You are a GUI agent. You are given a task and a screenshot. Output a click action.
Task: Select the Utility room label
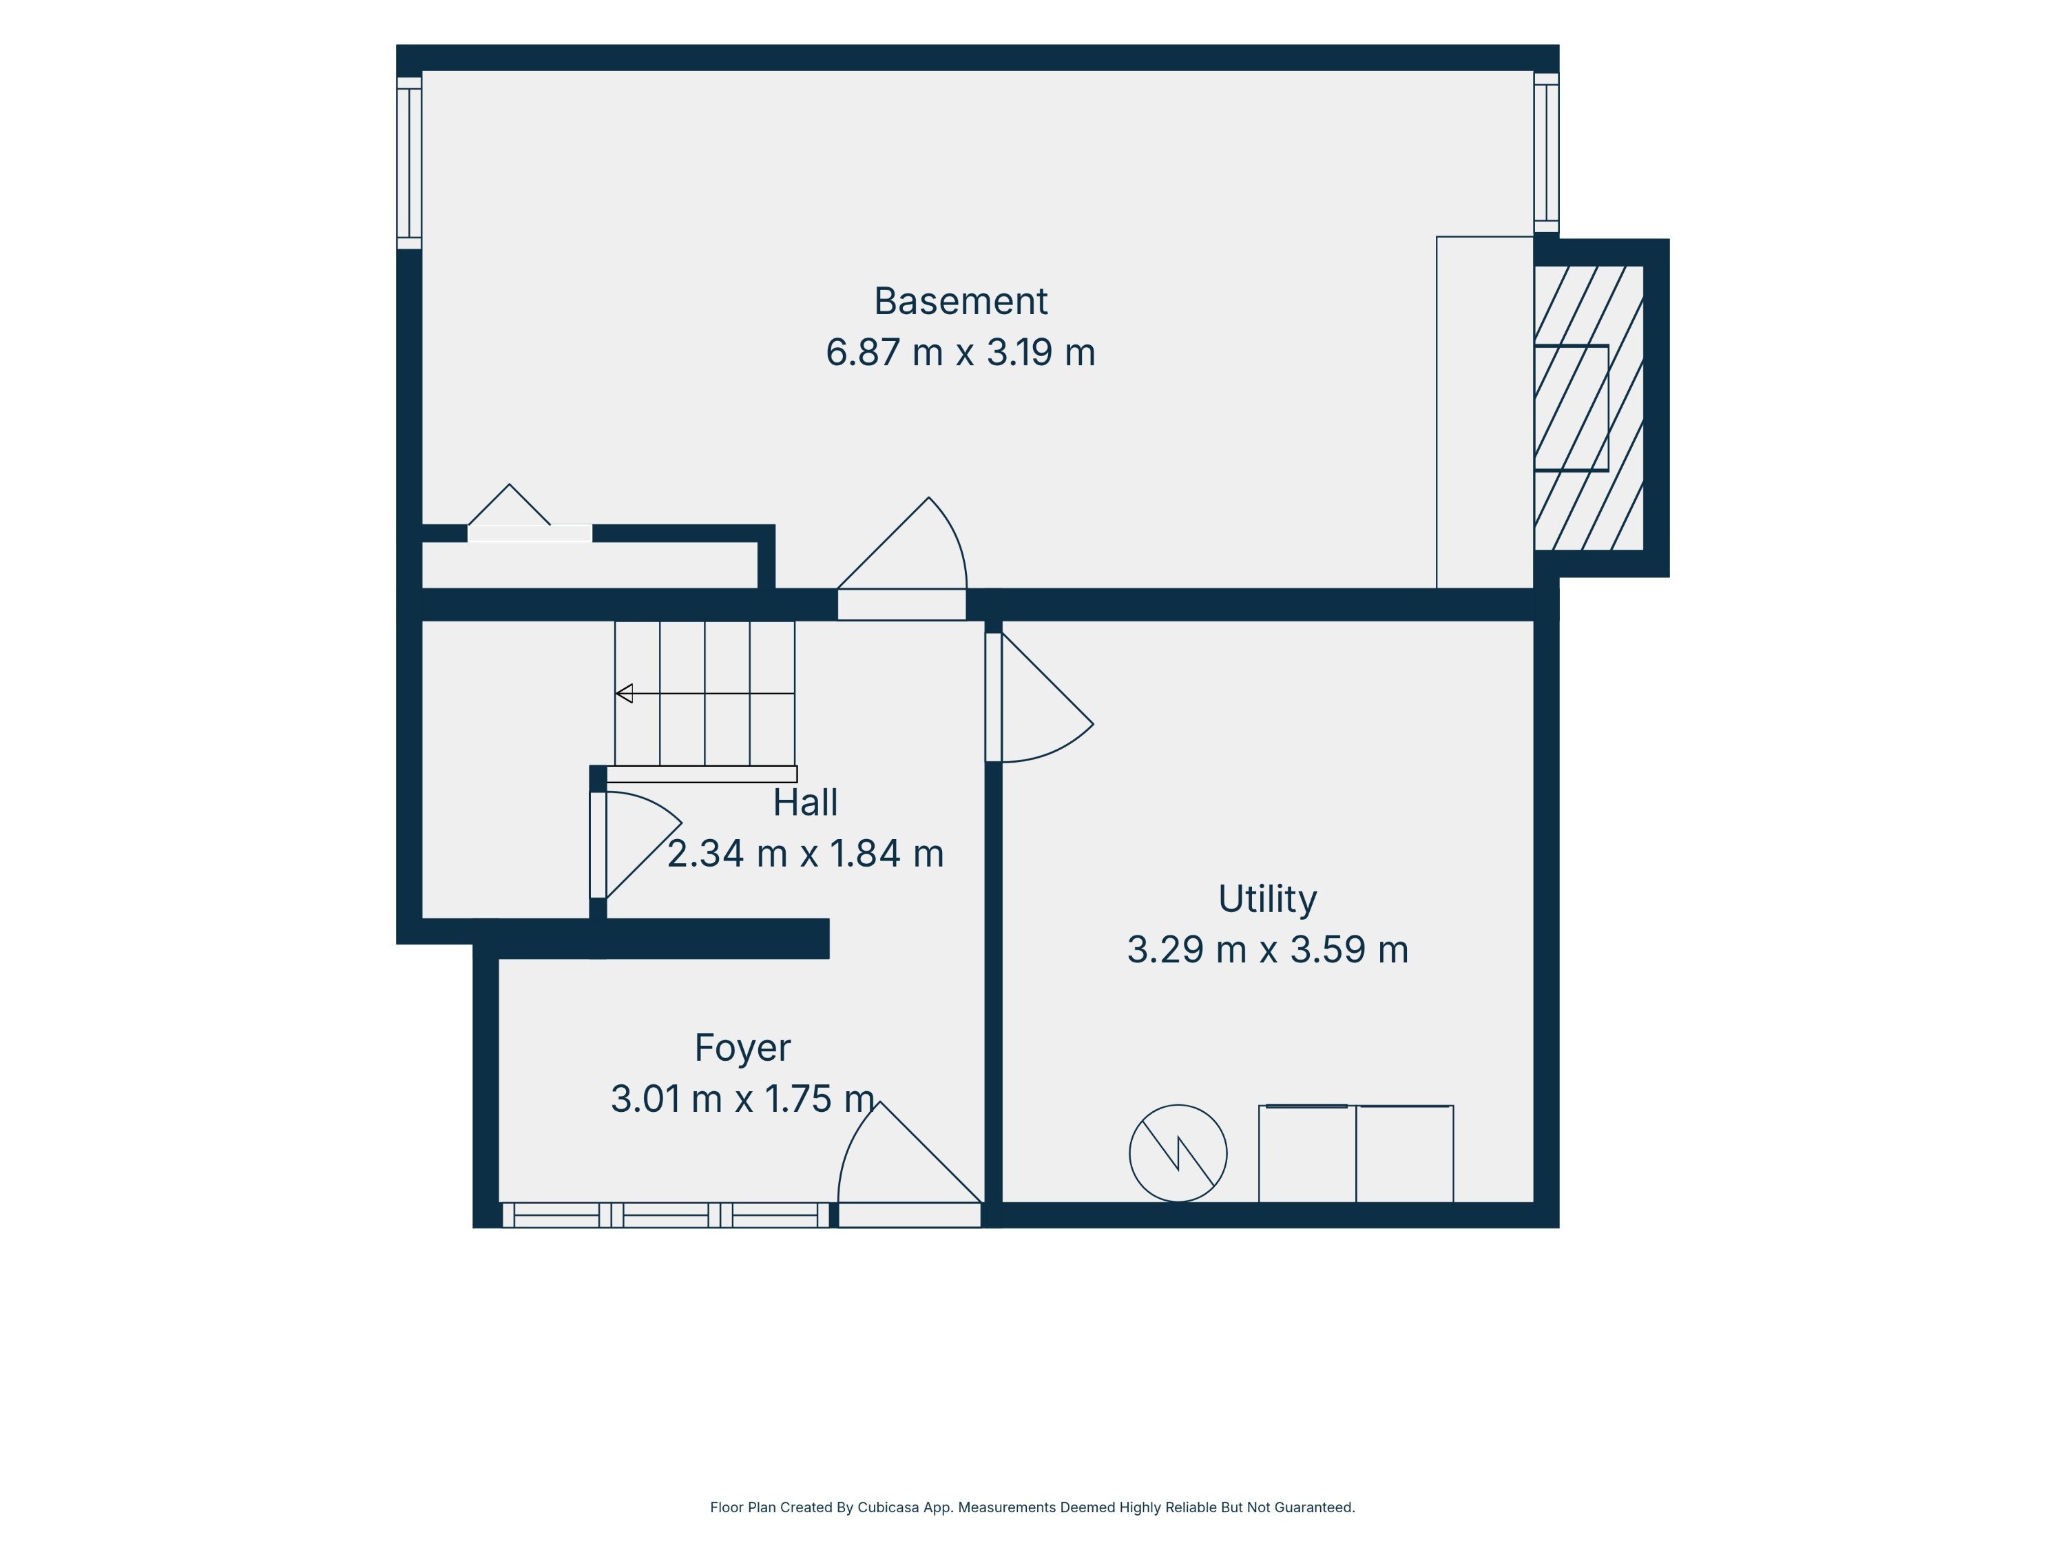(1267, 899)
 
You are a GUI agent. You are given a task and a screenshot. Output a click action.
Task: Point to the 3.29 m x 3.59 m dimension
(1267, 949)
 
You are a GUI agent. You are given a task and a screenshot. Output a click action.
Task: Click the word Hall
(805, 803)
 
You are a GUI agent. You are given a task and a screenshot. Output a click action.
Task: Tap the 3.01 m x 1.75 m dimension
(742, 1099)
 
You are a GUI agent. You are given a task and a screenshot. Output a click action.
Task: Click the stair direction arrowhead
(624, 693)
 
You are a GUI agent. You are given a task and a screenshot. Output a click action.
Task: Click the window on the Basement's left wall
(409, 163)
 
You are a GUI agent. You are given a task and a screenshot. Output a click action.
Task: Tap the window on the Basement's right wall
(1547, 152)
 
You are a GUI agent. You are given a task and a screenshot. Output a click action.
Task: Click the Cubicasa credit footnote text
(1032, 1507)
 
